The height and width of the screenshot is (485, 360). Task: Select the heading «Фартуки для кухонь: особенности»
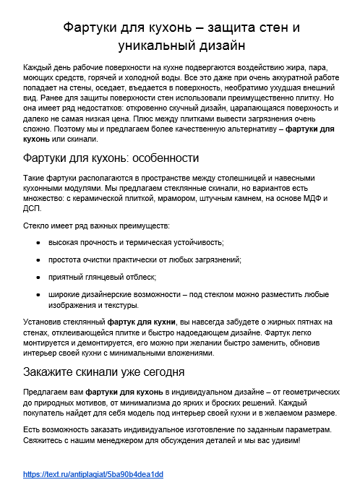point(111,158)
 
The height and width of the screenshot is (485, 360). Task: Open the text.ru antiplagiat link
point(93,474)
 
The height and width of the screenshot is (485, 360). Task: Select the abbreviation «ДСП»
point(33,208)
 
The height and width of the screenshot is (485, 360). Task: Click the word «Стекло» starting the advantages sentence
point(38,226)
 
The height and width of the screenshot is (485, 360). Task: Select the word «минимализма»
point(155,402)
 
